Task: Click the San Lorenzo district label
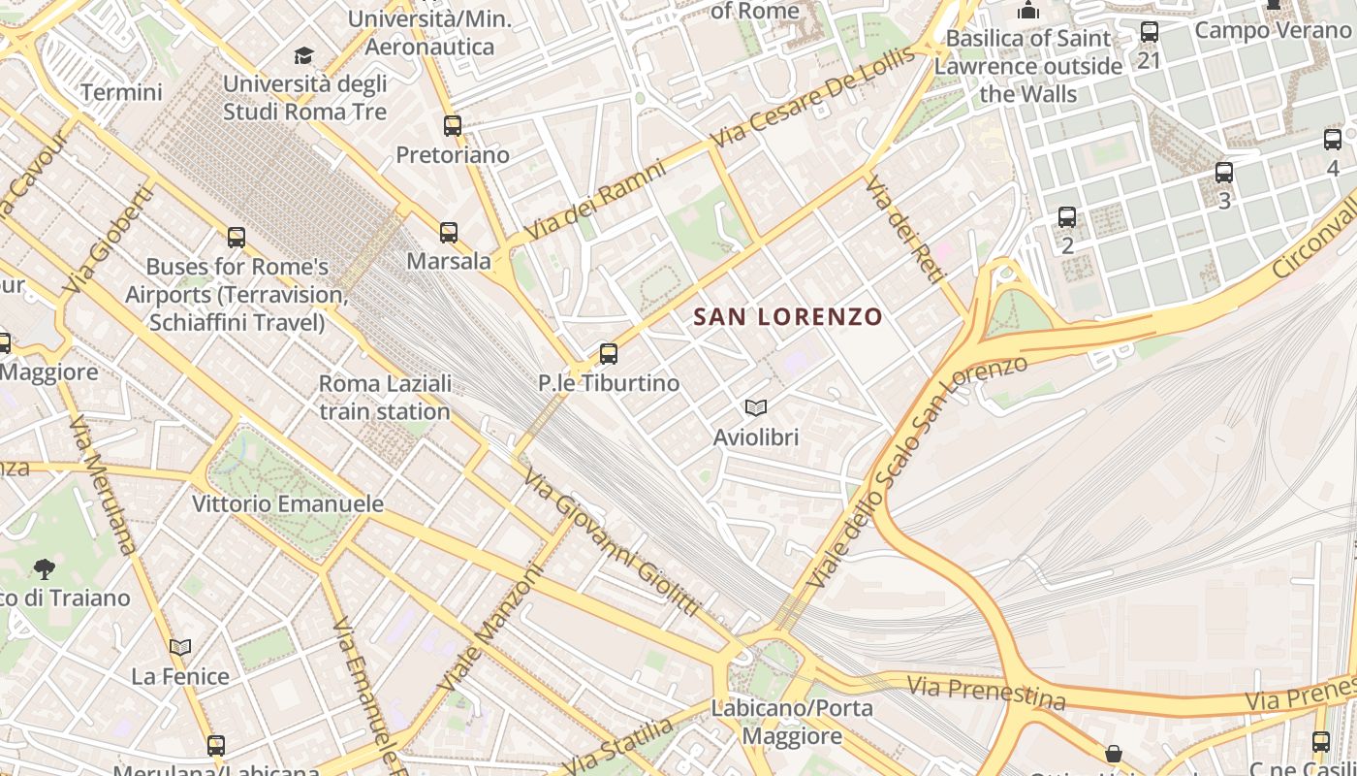(x=788, y=317)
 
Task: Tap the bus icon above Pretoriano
(x=453, y=125)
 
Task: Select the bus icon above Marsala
(x=448, y=233)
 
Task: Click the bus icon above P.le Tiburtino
(x=609, y=354)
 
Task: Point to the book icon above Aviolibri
(x=756, y=408)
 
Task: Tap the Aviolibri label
(x=756, y=437)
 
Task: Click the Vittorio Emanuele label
(x=288, y=504)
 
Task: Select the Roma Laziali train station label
(x=385, y=398)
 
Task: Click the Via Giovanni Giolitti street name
(x=611, y=543)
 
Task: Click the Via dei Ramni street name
(x=595, y=202)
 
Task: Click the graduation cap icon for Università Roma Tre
(x=304, y=55)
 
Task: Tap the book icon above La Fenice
(x=180, y=647)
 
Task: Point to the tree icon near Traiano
(x=44, y=568)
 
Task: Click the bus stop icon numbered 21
(x=1150, y=32)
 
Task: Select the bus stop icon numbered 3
(x=1224, y=174)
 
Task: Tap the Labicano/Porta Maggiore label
(x=792, y=722)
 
